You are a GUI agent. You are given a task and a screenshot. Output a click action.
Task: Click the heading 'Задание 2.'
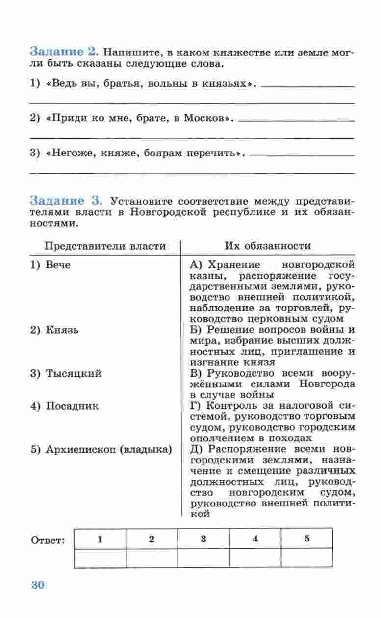point(65,51)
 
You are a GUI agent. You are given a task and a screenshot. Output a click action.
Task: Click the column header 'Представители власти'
point(105,246)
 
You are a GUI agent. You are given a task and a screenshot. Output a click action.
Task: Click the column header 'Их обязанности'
point(267,246)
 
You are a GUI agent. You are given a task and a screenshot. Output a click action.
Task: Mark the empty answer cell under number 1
point(100,558)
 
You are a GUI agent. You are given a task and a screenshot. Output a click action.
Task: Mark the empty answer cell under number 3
point(203,558)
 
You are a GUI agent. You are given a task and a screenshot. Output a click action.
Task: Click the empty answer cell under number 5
point(307,558)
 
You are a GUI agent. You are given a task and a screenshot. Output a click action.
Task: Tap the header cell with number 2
point(152,539)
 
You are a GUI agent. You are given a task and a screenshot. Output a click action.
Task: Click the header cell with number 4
point(255,539)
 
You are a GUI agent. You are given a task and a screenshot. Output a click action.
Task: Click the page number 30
point(38,585)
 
